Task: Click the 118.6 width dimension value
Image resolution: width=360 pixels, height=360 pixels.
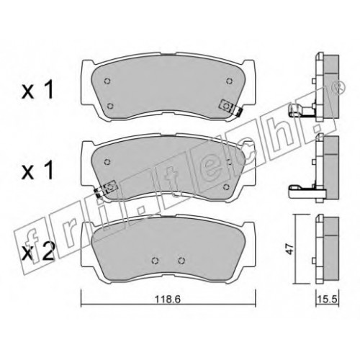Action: (168, 299)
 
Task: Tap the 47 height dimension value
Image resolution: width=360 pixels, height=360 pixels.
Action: (291, 249)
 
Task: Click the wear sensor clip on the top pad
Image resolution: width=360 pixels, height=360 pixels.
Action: (230, 108)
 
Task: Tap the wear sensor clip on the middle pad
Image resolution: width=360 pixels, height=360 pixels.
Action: (106, 188)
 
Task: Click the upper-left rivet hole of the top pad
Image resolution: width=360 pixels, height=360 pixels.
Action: (107, 81)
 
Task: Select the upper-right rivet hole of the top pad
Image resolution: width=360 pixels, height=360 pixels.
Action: (230, 81)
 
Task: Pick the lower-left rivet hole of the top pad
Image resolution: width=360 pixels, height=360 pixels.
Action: (110, 106)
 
